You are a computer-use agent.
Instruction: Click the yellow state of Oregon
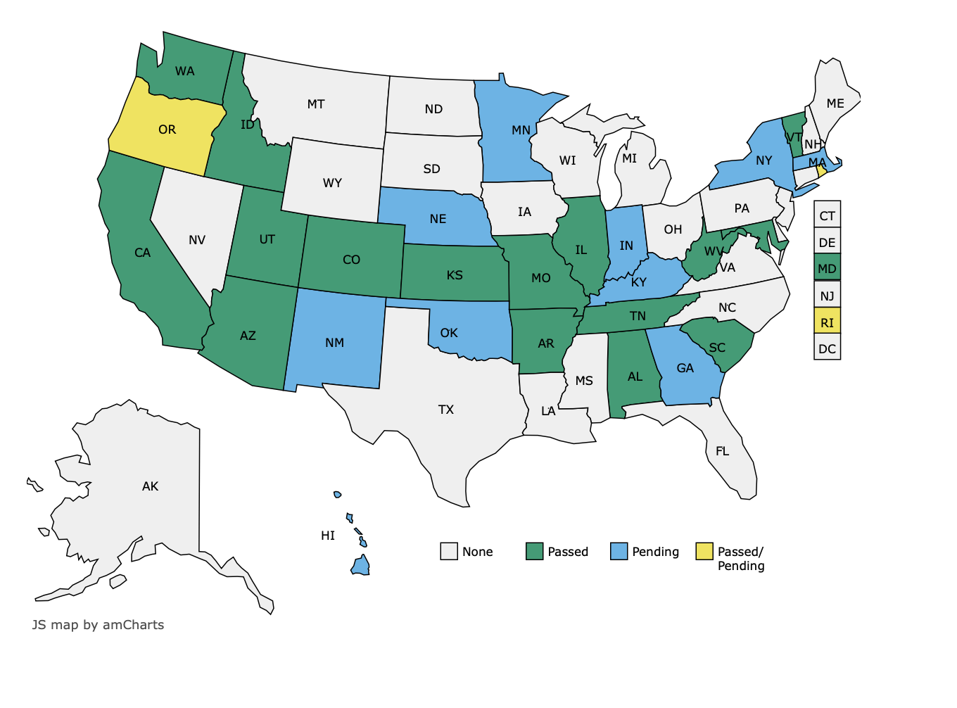(166, 130)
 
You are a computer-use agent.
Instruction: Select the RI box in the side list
(827, 322)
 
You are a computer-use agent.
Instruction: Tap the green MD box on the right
(827, 268)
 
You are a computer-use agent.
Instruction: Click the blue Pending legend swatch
(619, 552)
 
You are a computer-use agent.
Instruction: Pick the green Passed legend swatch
(534, 552)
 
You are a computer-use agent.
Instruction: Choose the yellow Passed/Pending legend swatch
(704, 552)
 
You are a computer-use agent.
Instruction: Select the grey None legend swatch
(449, 552)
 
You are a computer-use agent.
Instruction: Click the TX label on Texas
(445, 410)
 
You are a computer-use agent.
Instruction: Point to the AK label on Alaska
(150, 486)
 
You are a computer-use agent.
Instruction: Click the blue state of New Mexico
(335, 342)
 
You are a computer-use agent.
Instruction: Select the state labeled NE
(438, 219)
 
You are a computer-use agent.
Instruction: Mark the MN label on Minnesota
(521, 130)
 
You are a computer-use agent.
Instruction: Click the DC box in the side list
(827, 348)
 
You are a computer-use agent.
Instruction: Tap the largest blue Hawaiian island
(361, 566)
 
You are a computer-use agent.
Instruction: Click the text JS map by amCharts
(98, 625)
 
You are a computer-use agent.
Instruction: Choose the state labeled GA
(685, 368)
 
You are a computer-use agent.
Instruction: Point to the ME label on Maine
(835, 103)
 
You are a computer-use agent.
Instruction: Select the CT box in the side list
(827, 215)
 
